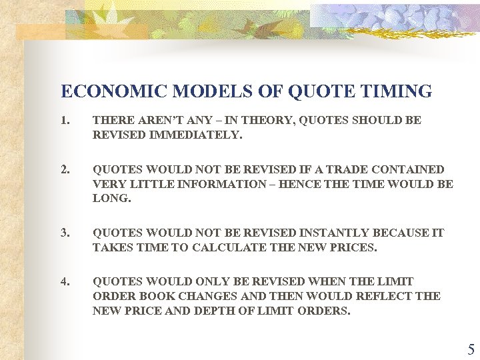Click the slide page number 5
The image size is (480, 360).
pyautogui.click(x=471, y=349)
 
